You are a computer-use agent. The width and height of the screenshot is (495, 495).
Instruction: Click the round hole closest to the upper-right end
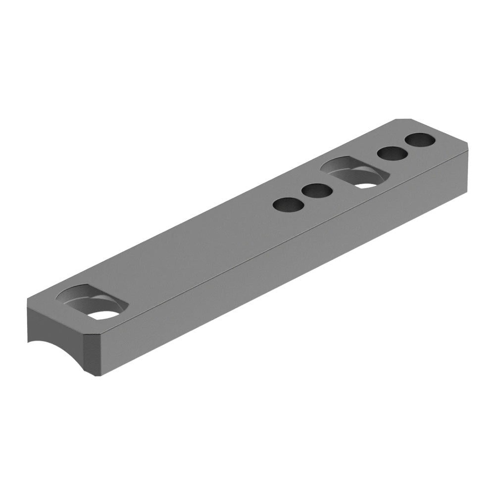pyautogui.click(x=420, y=141)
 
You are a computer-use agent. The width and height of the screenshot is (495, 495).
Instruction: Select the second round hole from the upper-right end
pyautogui.click(x=393, y=154)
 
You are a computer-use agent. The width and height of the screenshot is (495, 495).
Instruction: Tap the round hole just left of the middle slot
pyautogui.click(x=317, y=190)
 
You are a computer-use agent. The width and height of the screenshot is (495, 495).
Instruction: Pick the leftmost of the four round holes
pyautogui.click(x=289, y=204)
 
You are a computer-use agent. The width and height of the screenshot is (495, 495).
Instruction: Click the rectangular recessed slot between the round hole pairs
pyautogui.click(x=354, y=173)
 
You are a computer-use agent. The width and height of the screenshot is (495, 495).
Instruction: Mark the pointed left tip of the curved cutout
pyautogui.click(x=29, y=342)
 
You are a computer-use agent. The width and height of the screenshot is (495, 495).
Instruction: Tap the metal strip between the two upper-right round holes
pyautogui.click(x=406, y=147)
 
